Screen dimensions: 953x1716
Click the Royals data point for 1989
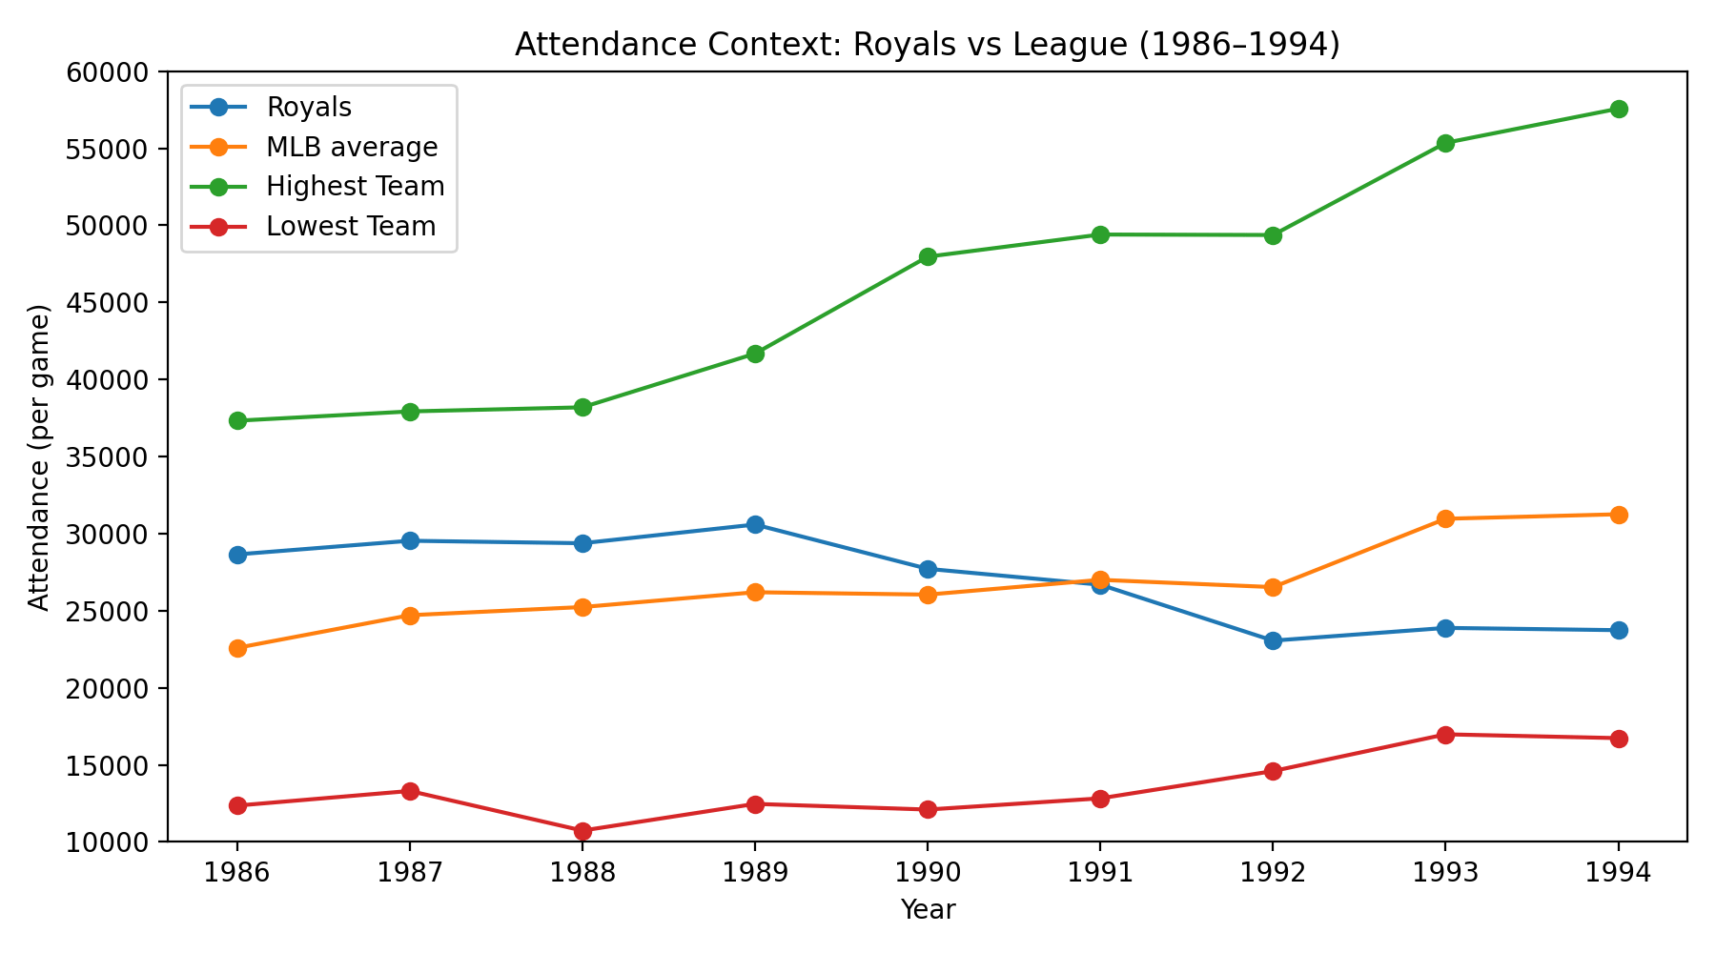tap(755, 524)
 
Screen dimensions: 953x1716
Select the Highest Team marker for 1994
tap(1618, 109)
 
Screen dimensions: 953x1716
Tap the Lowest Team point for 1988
tap(582, 831)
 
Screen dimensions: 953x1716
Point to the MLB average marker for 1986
tap(237, 648)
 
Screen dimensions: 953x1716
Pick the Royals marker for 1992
tap(1273, 640)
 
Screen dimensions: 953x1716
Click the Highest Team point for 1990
tap(928, 256)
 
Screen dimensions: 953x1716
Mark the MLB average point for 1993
tap(1445, 518)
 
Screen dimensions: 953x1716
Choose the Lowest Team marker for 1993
tap(1445, 735)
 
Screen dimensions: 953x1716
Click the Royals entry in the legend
tap(309, 108)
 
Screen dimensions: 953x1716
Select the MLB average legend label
tap(352, 148)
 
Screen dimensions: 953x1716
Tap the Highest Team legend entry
tap(355, 187)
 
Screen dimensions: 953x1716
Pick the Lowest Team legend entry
tap(351, 227)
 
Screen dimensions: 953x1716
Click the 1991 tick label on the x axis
tap(1100, 874)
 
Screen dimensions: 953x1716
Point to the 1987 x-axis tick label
tap(410, 874)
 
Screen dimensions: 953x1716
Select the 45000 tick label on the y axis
tap(111, 303)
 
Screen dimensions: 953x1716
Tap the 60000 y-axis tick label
tap(111, 72)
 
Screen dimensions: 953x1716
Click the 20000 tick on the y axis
tap(111, 688)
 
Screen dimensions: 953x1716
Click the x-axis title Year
tap(928, 910)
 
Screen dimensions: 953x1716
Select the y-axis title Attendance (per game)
tap(38, 457)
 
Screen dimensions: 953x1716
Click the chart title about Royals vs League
tap(928, 45)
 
